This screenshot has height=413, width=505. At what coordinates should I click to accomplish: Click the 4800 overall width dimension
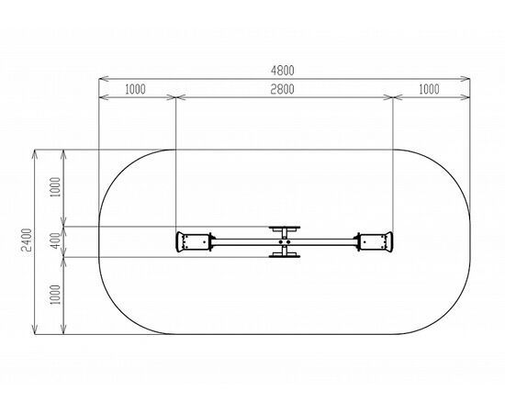283,71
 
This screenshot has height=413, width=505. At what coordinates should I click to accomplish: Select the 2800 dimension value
282,89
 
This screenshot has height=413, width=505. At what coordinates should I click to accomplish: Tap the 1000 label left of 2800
135,89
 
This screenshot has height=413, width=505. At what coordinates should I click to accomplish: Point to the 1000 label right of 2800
429,89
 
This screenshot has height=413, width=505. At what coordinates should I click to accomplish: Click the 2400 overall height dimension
27,240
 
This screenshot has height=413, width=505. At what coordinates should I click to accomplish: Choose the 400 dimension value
56,240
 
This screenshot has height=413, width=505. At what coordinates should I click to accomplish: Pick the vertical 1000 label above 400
56,187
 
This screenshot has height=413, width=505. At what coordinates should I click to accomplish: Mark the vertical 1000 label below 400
56,295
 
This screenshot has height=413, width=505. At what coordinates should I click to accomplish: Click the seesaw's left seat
192,241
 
